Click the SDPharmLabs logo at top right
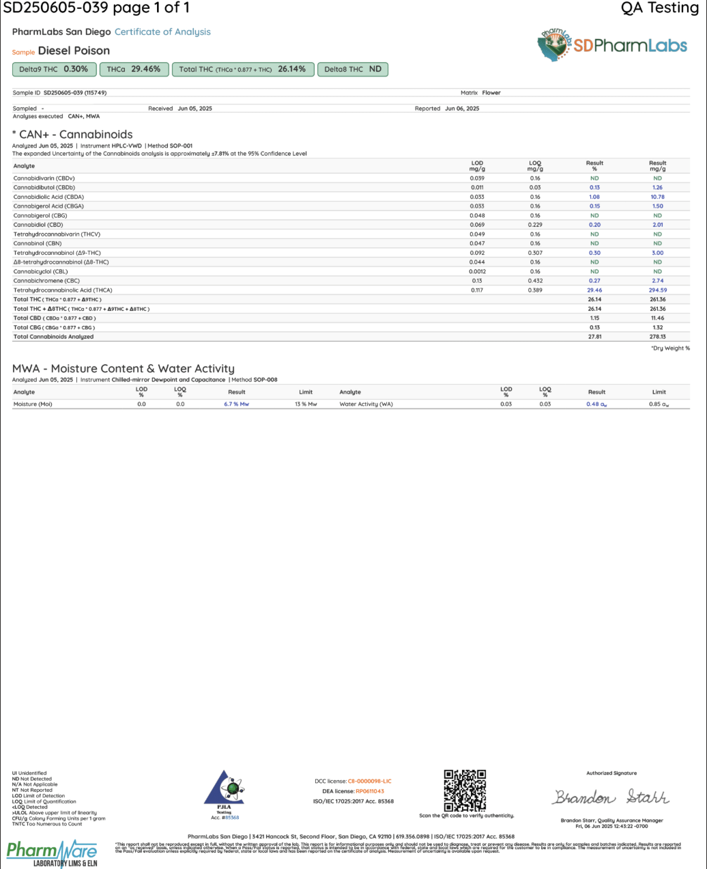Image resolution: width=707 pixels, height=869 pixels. pos(612,45)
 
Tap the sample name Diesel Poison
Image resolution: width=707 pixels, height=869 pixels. pos(74,51)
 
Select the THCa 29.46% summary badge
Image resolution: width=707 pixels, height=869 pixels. pos(134,69)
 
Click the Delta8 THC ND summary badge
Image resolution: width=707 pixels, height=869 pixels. pos(353,69)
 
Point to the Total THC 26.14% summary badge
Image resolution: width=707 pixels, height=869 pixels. pos(242,69)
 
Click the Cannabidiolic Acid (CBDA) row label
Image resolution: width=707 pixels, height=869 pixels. pos(48,197)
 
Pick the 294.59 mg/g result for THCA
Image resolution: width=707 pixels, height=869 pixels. pos(657,290)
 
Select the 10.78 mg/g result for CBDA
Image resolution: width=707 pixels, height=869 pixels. pos(657,197)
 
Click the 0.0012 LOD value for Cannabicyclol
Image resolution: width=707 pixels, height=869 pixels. pos(477,271)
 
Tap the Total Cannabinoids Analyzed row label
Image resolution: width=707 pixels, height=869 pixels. pos(53,337)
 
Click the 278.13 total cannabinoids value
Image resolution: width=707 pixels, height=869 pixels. pos(657,337)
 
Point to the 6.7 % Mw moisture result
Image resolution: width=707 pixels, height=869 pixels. pos(236,404)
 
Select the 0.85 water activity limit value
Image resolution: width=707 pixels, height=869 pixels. pos(659,404)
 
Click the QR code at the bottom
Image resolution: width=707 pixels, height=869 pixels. pos(465,790)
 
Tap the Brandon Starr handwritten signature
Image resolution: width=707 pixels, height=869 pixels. pos(611,797)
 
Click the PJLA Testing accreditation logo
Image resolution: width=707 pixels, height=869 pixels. pos(225,792)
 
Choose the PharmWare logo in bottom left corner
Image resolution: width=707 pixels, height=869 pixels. pos(52,853)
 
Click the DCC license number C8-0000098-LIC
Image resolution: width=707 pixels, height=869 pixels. pos(369,781)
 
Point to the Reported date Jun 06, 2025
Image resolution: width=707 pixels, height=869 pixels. pos(462,109)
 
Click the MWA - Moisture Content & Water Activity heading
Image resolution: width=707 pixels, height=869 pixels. pos(124,369)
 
